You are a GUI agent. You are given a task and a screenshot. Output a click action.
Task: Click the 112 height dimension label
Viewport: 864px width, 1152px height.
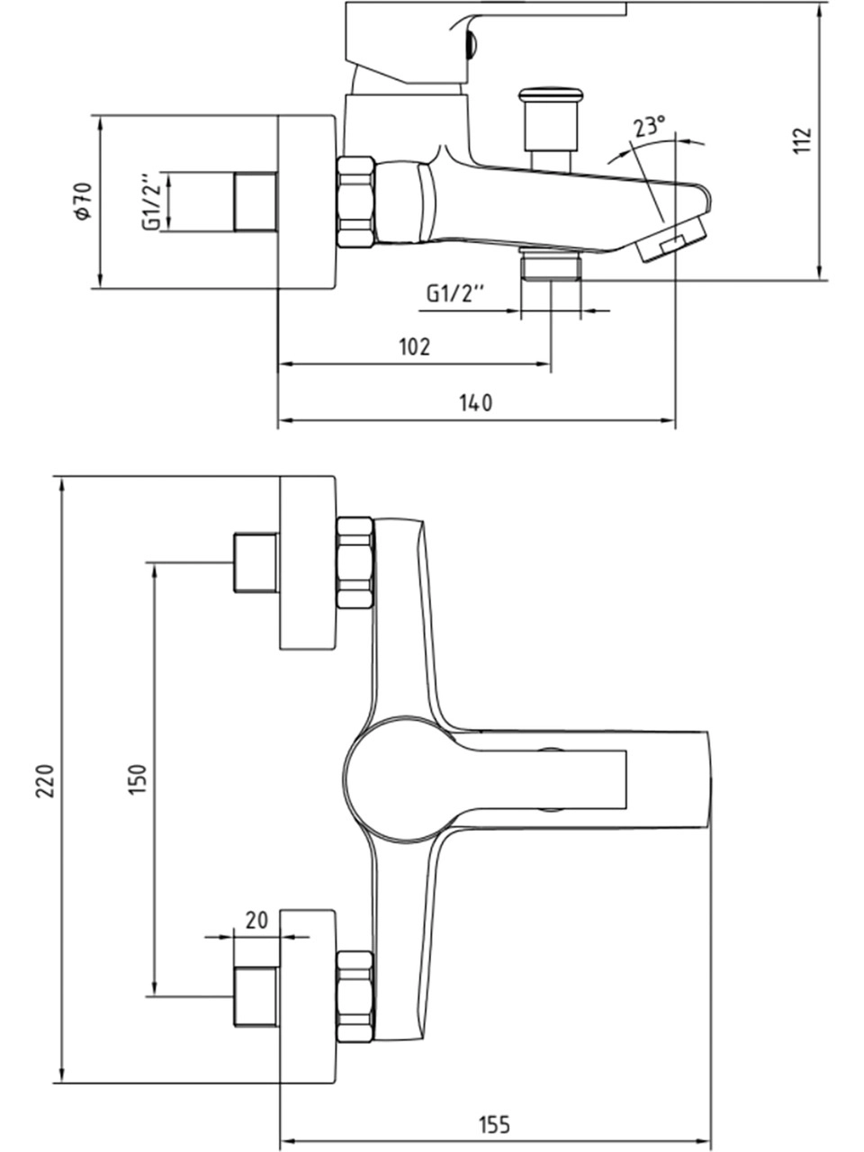pyautogui.click(x=803, y=140)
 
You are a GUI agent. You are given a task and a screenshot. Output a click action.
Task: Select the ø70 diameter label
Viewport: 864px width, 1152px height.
pyautogui.click(x=83, y=202)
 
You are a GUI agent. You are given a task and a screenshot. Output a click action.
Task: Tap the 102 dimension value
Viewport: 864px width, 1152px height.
pyautogui.click(x=414, y=346)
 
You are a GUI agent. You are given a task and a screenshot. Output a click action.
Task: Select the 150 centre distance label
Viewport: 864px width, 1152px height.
pyautogui.click(x=137, y=779)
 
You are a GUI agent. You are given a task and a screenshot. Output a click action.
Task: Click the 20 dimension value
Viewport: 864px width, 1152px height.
pyautogui.click(x=256, y=920)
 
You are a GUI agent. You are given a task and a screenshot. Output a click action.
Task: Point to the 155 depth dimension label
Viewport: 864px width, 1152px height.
pyautogui.click(x=494, y=1124)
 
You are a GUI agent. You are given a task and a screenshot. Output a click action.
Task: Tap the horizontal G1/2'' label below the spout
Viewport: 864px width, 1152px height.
pyautogui.click(x=454, y=293)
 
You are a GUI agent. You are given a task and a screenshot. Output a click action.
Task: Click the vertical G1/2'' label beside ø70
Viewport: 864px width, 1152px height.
pyautogui.click(x=151, y=201)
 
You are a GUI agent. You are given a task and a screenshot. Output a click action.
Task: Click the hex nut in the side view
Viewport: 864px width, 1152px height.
pyautogui.click(x=355, y=202)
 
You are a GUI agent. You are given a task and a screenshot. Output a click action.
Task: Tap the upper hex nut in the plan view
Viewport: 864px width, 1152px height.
pyautogui.click(x=355, y=562)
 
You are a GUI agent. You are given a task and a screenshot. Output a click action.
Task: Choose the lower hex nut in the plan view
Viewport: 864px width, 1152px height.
pyautogui.click(x=355, y=996)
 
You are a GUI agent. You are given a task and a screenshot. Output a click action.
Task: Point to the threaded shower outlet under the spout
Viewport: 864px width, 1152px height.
pyautogui.click(x=551, y=266)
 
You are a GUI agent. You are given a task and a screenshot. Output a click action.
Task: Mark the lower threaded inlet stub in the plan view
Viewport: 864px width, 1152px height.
pyautogui.click(x=256, y=996)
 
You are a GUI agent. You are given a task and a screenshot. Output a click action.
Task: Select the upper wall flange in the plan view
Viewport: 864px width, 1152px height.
pyautogui.click(x=308, y=562)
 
